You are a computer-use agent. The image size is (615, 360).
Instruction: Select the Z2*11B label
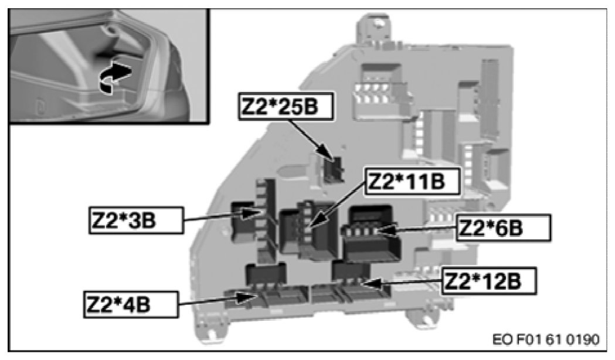(405, 182)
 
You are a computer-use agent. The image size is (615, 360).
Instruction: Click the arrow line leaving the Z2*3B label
(217, 218)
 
